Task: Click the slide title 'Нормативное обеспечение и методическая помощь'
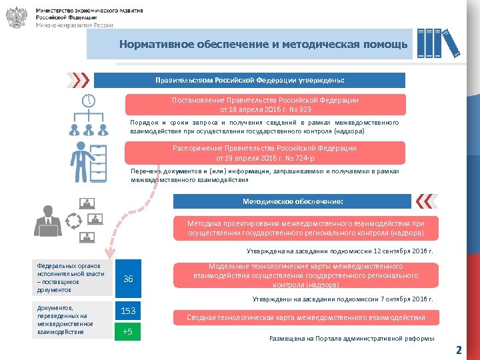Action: (x=263, y=45)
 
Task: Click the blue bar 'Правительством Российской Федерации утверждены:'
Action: (x=249, y=80)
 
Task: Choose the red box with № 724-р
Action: (x=265, y=153)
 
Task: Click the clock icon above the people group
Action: (x=88, y=102)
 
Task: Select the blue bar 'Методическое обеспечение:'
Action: (x=293, y=201)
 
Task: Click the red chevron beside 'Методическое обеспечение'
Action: (x=424, y=201)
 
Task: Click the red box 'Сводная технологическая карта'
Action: (x=305, y=318)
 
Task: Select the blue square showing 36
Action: (x=129, y=279)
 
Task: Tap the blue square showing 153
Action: (x=129, y=311)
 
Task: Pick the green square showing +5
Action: (x=129, y=331)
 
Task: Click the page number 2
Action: (x=458, y=349)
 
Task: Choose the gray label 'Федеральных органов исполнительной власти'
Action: (x=72, y=277)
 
